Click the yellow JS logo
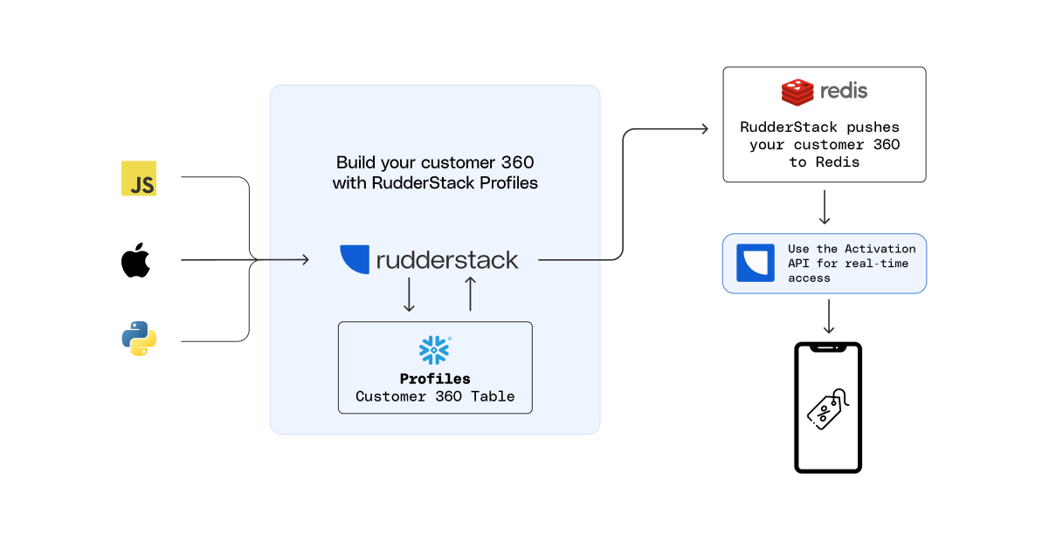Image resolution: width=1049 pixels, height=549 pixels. click(x=139, y=178)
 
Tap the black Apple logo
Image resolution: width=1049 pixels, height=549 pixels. click(x=136, y=260)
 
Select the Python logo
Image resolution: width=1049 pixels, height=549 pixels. click(x=139, y=339)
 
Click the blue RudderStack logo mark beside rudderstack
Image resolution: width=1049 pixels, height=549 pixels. click(x=355, y=259)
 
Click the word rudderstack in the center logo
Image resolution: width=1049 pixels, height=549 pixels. click(x=447, y=260)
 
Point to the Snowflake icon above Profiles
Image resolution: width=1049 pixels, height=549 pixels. click(x=434, y=350)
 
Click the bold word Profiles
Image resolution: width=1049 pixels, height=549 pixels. click(x=435, y=379)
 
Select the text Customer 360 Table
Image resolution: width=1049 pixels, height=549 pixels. click(x=435, y=396)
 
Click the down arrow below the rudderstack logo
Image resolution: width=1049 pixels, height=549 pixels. click(x=408, y=295)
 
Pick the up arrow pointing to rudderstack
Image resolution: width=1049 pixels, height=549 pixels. click(x=470, y=294)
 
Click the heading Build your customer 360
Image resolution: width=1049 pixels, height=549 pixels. click(x=435, y=162)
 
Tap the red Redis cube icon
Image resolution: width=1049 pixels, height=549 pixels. click(x=797, y=92)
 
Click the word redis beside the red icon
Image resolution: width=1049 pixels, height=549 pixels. click(x=844, y=91)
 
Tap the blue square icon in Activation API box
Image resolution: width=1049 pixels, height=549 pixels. click(x=756, y=263)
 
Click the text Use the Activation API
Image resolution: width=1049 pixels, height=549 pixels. click(x=851, y=256)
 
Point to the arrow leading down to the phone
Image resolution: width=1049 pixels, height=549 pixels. click(x=828, y=316)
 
